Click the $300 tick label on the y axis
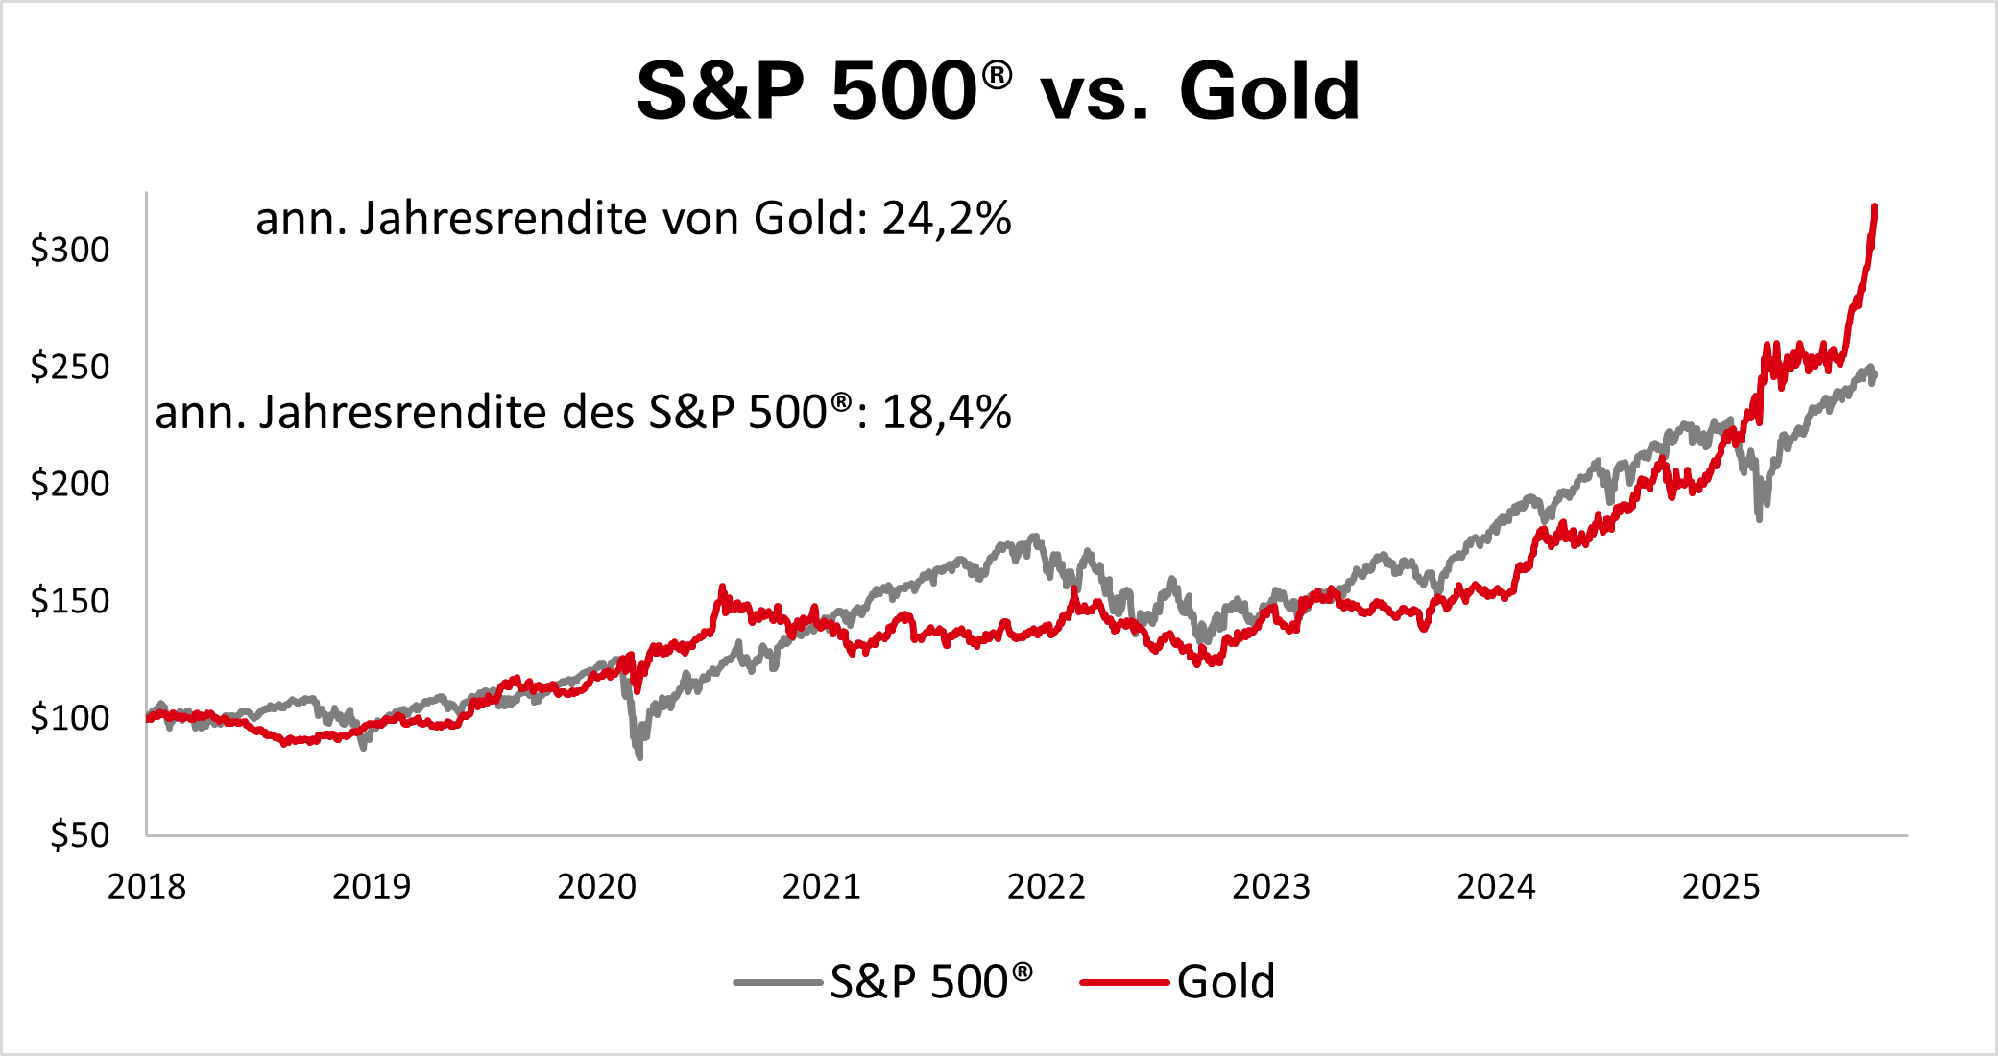70,250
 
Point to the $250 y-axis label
70,367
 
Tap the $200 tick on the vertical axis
70,483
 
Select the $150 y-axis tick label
70,601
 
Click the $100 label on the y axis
70,717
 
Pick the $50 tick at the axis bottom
80,835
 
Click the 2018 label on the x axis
147,886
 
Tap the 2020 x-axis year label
596,886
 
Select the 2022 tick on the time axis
1046,886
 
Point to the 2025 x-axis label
1721,886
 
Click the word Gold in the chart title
1269,92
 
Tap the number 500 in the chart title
903,92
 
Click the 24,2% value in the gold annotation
947,219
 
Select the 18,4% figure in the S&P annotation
947,413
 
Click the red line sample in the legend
1124,982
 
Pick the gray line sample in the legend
778,982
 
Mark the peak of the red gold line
1875,206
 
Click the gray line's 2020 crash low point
639,757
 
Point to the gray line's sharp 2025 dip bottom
1759,519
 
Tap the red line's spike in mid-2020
723,587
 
